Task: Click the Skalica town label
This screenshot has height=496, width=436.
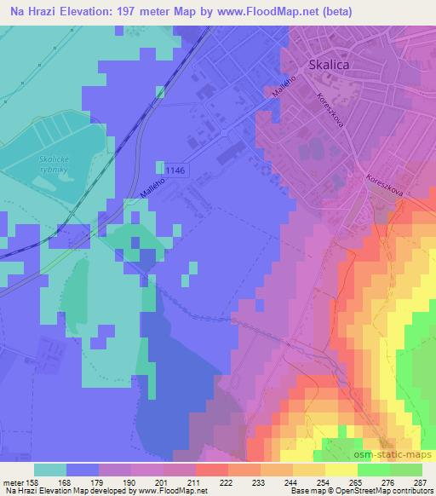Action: pyautogui.click(x=330, y=65)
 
